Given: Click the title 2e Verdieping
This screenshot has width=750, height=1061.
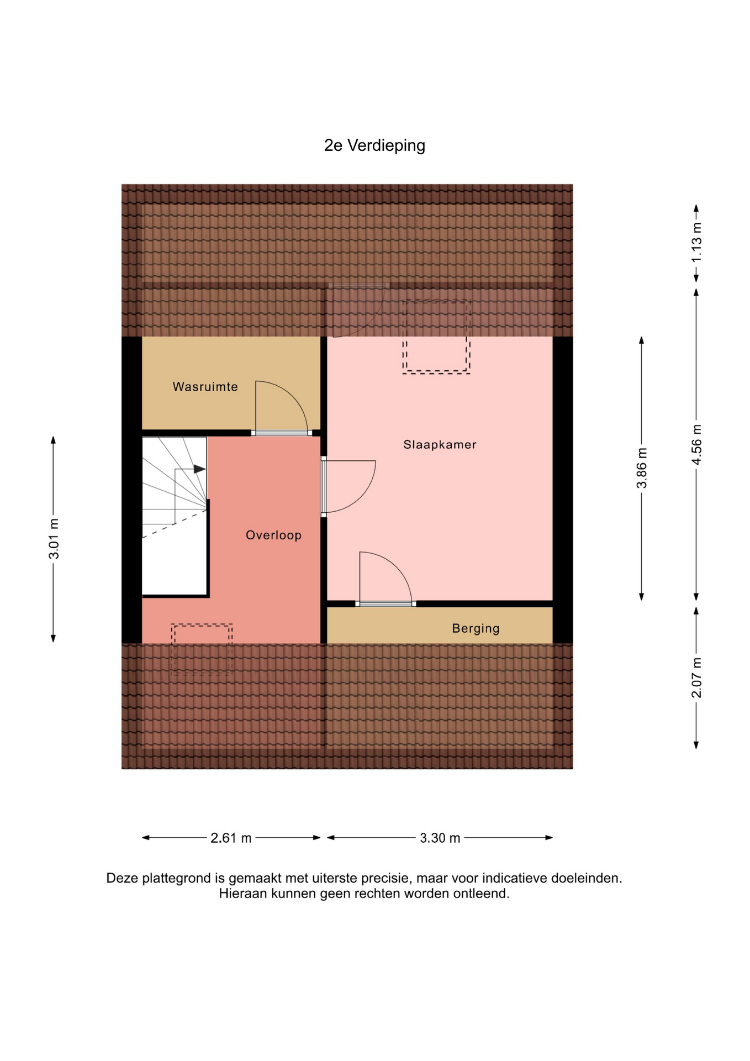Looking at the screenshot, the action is click(x=374, y=145).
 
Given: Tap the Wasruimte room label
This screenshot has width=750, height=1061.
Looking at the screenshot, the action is click(x=205, y=387).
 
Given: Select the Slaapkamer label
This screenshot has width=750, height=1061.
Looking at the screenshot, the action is click(x=440, y=444).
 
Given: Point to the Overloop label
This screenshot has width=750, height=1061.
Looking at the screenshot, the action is click(x=273, y=535).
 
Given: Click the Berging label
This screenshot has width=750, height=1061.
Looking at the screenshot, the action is click(x=476, y=628).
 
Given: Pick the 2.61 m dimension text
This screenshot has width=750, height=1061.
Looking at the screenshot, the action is click(x=231, y=838).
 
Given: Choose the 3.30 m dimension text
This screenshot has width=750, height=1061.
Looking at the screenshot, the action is click(x=440, y=838).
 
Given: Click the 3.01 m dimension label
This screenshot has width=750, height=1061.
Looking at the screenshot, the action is click(x=54, y=539).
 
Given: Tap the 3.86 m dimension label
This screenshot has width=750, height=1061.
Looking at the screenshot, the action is click(x=641, y=468).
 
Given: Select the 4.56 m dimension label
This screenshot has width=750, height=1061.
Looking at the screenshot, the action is click(x=696, y=445).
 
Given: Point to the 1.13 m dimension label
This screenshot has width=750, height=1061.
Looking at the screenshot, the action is click(x=696, y=243).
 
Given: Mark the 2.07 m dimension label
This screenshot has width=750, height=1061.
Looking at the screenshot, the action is click(x=696, y=677).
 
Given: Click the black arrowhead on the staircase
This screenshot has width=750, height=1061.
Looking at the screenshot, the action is click(x=199, y=469).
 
